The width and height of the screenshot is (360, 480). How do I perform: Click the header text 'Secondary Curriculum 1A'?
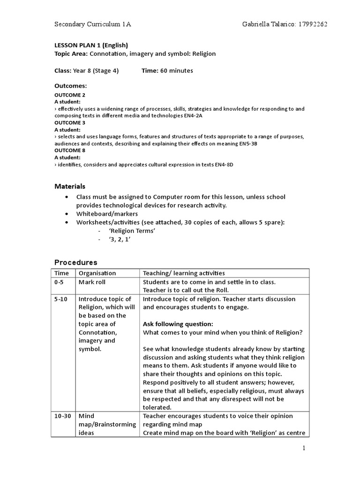[x=93, y=24]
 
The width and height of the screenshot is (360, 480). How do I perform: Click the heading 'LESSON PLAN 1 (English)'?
[x=91, y=45]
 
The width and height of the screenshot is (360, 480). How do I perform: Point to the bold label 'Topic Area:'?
[x=71, y=54]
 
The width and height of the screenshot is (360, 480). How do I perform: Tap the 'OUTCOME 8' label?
[x=70, y=151]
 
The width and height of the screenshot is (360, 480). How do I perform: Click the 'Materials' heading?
[x=70, y=187]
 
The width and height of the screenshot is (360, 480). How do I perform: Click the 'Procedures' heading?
[x=75, y=262]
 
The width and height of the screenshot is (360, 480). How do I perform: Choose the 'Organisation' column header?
[x=97, y=273]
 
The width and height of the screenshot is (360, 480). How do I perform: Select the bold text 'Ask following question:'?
[x=178, y=324]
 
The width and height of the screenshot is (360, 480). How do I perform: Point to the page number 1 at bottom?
[x=304, y=449]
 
